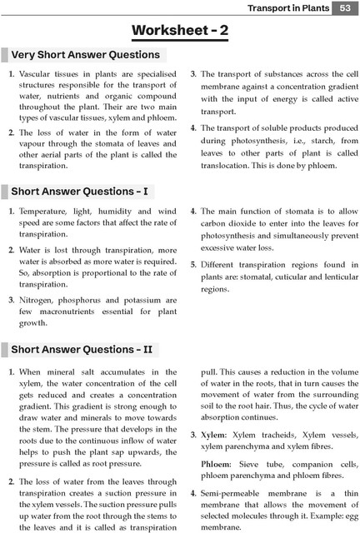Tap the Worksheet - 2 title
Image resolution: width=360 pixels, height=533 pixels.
click(x=181, y=31)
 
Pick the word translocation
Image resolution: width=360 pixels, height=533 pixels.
click(x=230, y=165)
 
